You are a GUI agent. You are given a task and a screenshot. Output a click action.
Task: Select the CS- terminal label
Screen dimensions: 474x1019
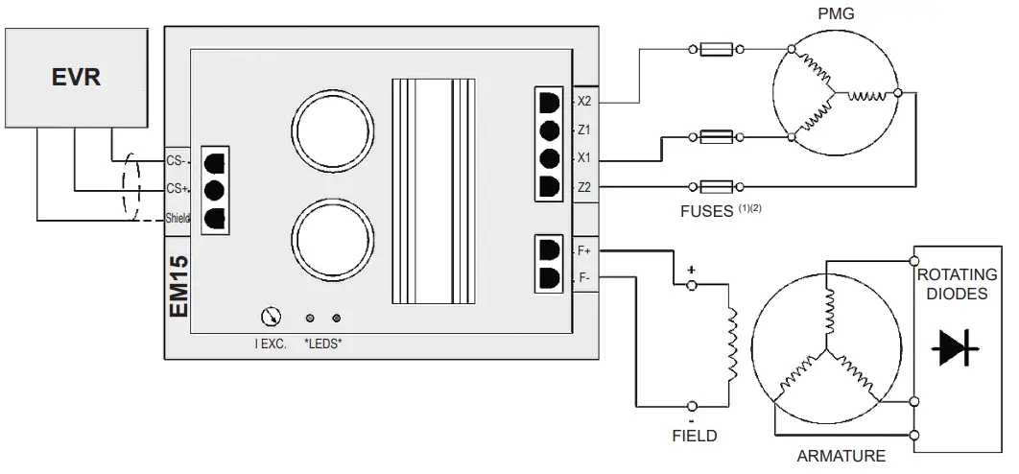point(177,160)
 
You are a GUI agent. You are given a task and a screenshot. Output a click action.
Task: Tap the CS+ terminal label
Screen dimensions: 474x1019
point(177,189)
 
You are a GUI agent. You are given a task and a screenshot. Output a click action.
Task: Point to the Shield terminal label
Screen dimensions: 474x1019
point(178,219)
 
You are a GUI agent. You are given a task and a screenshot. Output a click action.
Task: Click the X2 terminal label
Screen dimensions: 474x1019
point(584,101)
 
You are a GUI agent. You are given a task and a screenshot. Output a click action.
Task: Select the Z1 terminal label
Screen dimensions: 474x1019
point(584,130)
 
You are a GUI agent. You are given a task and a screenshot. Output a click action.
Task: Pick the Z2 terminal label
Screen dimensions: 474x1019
point(584,187)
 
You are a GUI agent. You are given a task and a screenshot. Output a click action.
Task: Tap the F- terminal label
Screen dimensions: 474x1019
point(584,277)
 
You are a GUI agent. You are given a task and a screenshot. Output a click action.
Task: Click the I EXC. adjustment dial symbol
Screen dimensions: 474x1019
point(271,317)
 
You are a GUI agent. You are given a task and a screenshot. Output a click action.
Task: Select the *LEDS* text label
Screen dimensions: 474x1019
point(322,343)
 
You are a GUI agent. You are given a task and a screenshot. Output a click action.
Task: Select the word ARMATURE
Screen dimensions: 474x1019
point(841,457)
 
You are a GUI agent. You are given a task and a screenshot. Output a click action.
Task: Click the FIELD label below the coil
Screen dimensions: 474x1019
point(694,436)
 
